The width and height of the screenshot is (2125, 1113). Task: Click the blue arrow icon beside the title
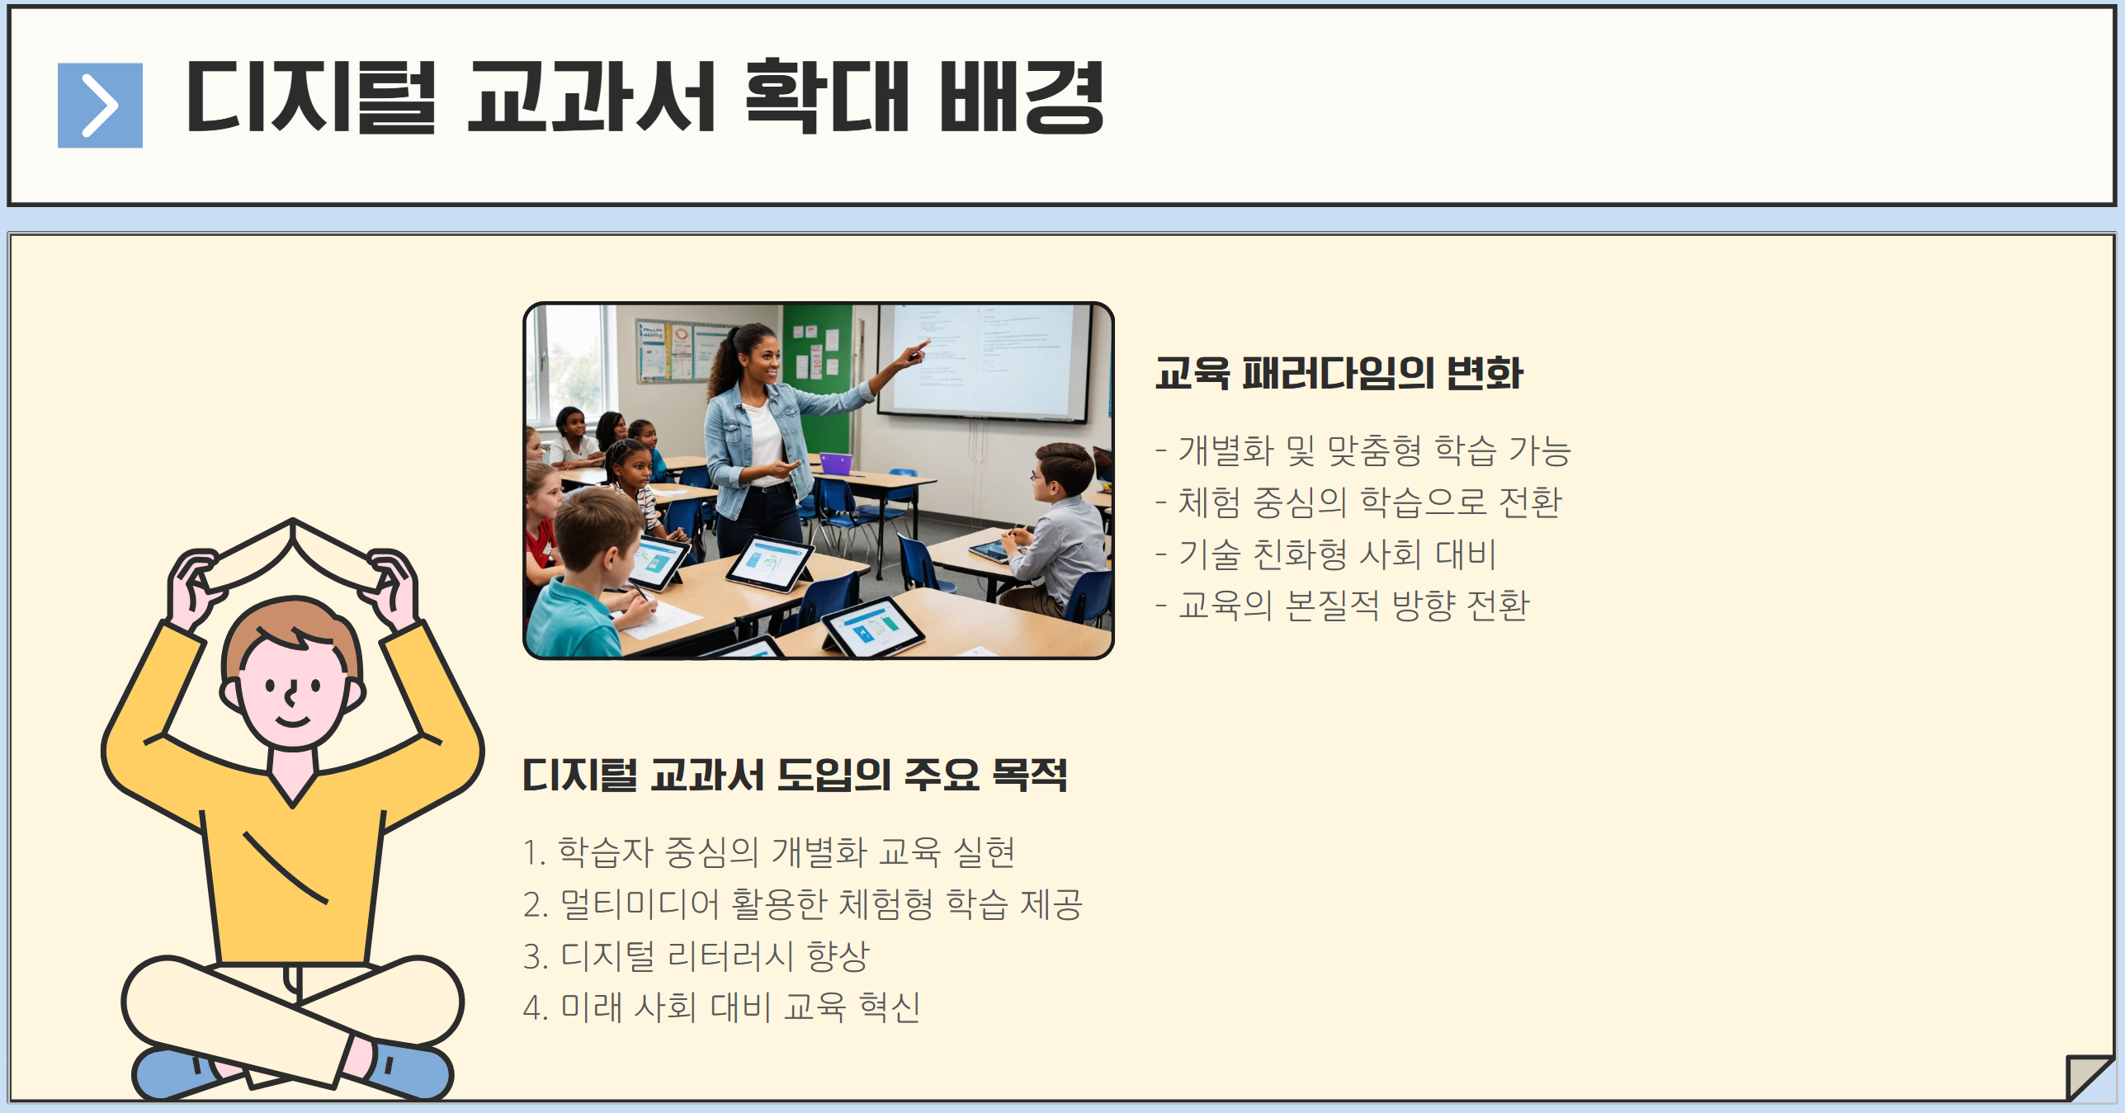100,106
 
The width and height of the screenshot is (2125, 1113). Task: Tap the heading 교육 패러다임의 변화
1339,374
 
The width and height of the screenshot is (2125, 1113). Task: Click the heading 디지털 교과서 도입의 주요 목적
795,776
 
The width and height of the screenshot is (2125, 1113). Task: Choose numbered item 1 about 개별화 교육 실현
769,852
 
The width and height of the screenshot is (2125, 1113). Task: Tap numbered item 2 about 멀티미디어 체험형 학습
803,904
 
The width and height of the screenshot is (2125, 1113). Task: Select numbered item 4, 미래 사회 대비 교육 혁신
722,1007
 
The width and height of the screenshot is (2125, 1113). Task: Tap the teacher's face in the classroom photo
763,360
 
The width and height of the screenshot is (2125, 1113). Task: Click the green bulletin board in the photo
817,363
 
